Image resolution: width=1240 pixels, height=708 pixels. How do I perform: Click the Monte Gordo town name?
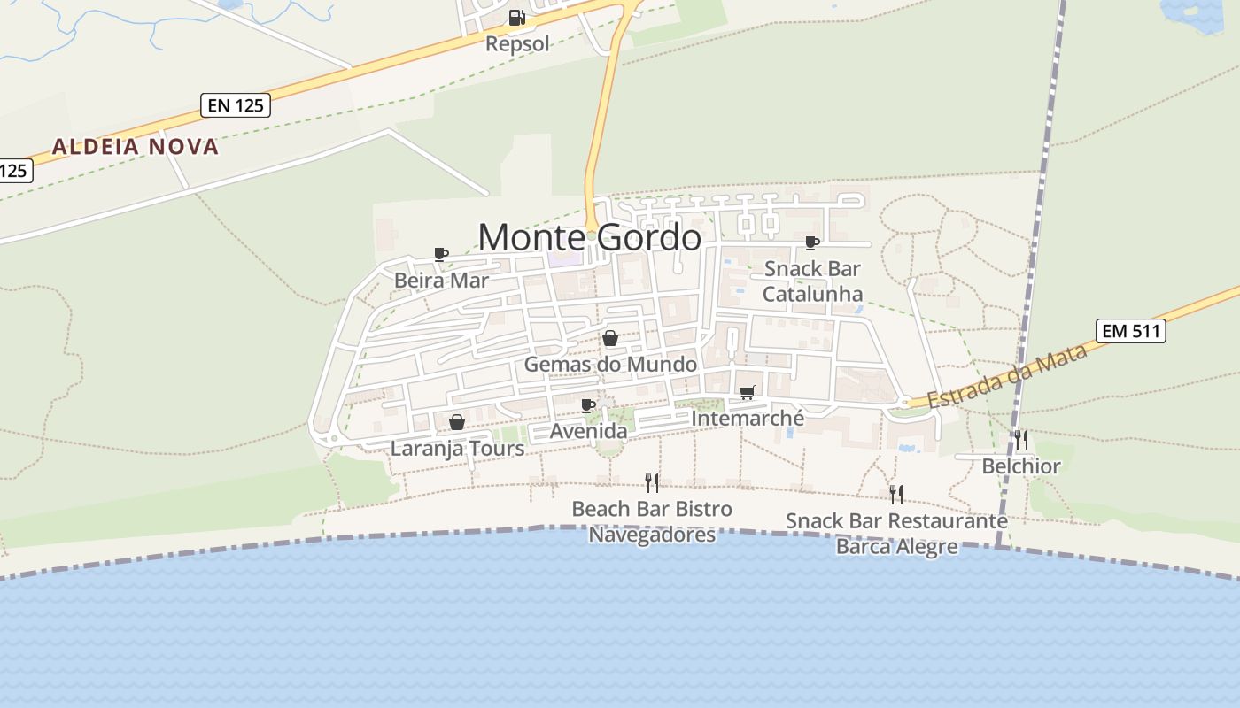pyautogui.click(x=589, y=237)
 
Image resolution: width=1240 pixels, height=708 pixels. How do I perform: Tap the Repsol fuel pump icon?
pyautogui.click(x=516, y=17)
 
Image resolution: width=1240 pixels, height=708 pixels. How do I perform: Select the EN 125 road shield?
pyautogui.click(x=235, y=105)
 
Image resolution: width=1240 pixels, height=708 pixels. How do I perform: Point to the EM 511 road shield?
pyautogui.click(x=1130, y=331)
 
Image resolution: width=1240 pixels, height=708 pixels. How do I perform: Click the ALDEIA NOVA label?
pyautogui.click(x=135, y=147)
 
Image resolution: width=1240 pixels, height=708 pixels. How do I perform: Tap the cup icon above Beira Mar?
pyautogui.click(x=441, y=255)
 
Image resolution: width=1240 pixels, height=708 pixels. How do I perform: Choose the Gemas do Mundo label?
pyautogui.click(x=610, y=364)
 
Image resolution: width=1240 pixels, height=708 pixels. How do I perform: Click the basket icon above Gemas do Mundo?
pyautogui.click(x=609, y=338)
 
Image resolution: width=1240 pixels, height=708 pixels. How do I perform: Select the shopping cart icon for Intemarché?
pyautogui.click(x=747, y=392)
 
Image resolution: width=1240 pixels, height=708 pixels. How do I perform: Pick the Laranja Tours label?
pyautogui.click(x=457, y=449)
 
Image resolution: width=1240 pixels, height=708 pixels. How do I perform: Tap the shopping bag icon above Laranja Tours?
pyautogui.click(x=457, y=422)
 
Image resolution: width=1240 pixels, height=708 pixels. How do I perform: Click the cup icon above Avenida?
pyautogui.click(x=587, y=405)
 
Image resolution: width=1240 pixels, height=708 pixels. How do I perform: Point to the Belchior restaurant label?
pyautogui.click(x=1020, y=466)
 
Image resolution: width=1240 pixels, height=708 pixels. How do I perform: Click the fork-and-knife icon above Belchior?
pyautogui.click(x=1021, y=439)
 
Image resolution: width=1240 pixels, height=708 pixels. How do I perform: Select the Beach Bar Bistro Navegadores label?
pyautogui.click(x=652, y=522)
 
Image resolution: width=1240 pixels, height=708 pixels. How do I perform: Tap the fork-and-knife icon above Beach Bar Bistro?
pyautogui.click(x=652, y=482)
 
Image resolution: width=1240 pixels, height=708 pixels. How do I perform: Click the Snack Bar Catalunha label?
pyautogui.click(x=812, y=281)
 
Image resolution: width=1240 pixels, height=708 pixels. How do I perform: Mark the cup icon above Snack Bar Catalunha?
pyautogui.click(x=811, y=242)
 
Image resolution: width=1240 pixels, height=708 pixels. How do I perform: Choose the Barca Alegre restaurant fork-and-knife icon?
pyautogui.click(x=896, y=494)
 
